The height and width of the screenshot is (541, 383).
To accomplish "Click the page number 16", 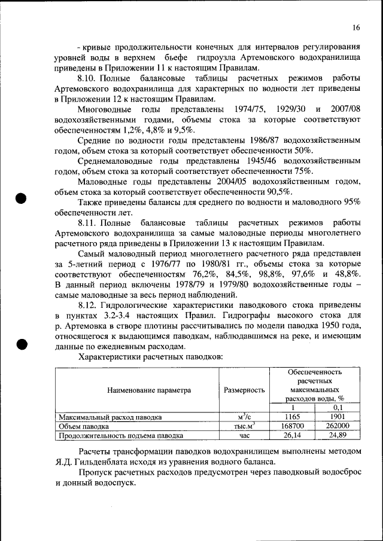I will point(356,27).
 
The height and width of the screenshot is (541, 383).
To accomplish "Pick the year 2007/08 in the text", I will point(342,110).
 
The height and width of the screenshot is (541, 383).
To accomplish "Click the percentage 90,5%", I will point(277,192).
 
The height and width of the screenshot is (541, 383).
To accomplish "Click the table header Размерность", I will point(244,390).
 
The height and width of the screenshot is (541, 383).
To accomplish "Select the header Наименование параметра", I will point(149,390).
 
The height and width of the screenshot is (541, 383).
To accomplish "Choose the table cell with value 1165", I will point(292,417).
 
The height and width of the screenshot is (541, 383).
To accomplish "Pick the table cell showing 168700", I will point(292,426).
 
